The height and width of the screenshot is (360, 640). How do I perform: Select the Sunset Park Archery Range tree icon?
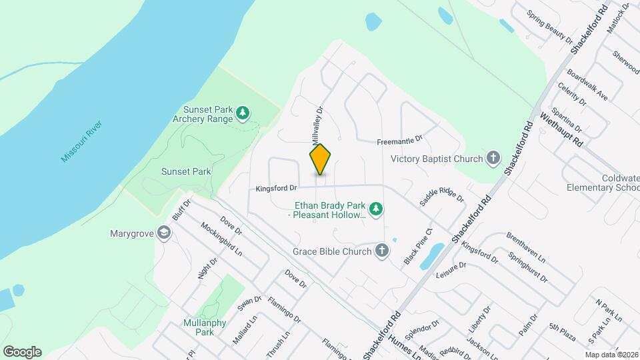coord(243,114)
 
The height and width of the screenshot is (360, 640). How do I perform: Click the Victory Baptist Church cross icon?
coord(493,159)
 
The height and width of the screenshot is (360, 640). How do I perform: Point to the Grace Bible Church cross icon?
coord(381,251)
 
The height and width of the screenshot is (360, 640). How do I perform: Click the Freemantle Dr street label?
coord(400,140)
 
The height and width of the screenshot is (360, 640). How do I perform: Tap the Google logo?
coord(22,351)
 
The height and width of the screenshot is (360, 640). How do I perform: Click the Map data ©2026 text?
coord(611,355)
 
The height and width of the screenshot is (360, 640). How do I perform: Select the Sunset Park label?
coord(186,171)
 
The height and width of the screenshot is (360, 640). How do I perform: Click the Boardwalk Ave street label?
coord(587,86)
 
